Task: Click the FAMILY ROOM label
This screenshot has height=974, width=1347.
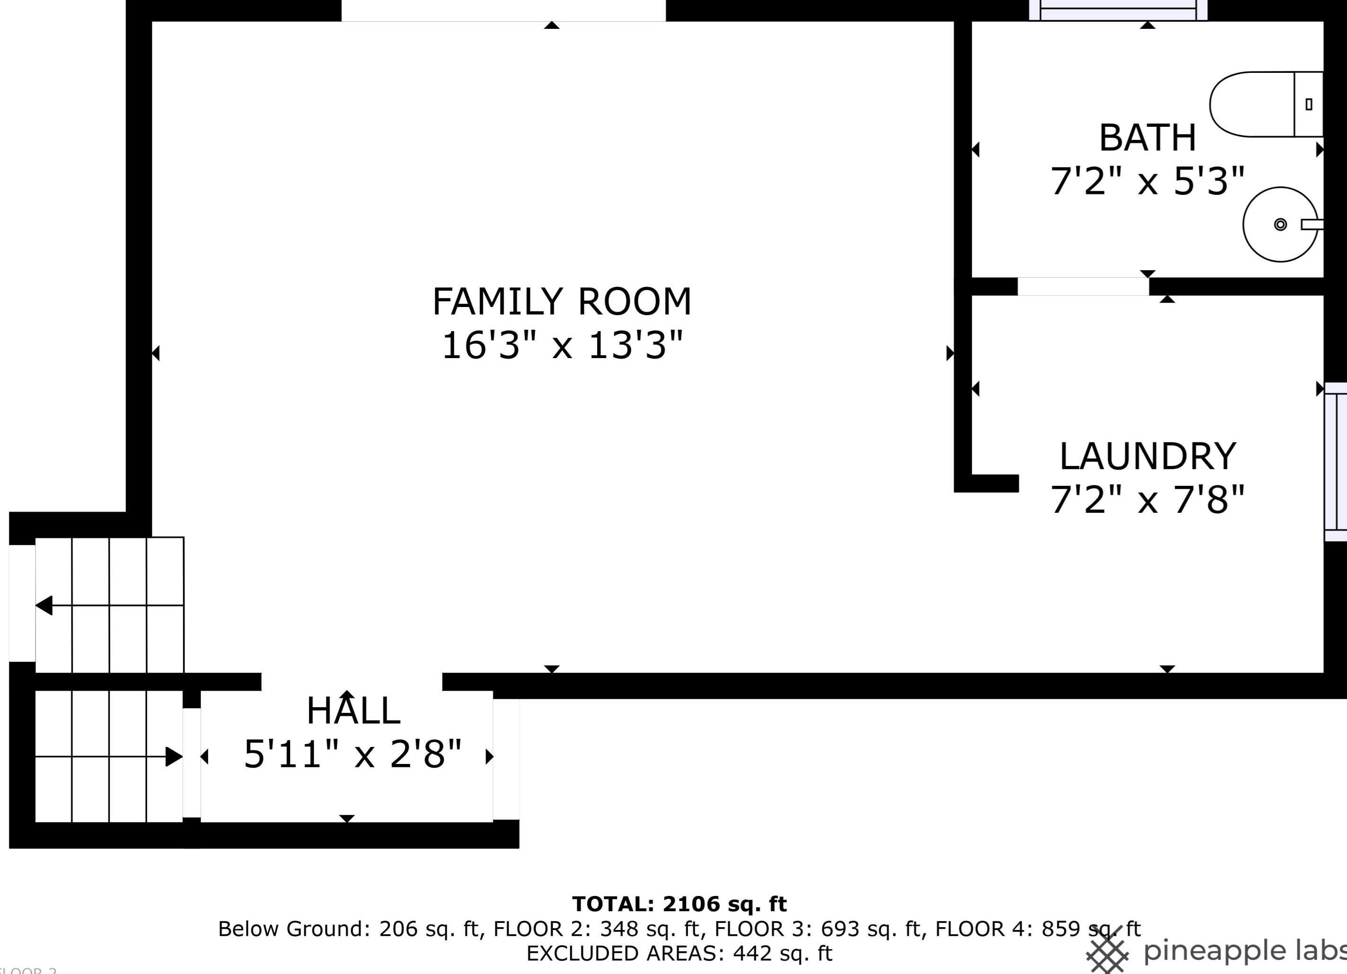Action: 562,302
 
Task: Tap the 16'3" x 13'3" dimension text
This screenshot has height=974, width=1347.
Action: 562,345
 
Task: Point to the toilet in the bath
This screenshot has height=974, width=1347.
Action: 1266,104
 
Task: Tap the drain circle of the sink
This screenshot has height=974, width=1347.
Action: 1280,225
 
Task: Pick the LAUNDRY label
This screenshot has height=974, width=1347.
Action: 1147,456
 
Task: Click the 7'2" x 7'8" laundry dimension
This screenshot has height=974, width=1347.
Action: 1147,500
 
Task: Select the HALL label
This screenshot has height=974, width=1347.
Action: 353,711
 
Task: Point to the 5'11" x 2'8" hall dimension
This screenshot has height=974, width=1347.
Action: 353,754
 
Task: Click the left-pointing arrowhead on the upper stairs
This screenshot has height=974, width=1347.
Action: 44,606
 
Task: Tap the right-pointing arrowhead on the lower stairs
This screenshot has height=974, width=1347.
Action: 174,756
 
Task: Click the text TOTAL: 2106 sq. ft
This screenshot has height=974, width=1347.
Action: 679,904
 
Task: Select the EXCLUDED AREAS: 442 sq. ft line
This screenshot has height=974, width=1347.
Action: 679,953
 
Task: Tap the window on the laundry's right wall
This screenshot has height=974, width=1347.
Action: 1336,462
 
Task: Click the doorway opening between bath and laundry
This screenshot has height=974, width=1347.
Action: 1083,286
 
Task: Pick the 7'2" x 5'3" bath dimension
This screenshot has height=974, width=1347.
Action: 1147,181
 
